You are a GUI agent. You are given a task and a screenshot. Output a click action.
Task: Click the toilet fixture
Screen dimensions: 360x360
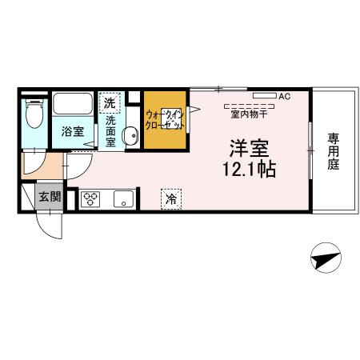coord(33,115)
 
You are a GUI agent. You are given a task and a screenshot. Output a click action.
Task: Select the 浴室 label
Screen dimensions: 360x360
coord(73,132)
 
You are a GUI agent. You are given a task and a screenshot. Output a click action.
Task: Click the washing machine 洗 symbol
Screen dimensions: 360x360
coord(109,103)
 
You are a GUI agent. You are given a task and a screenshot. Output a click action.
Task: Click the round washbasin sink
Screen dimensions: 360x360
coord(130,134)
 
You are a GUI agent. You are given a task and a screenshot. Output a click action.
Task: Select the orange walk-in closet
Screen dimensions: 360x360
coord(166,120)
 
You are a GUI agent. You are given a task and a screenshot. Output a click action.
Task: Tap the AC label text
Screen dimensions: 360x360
coord(284,96)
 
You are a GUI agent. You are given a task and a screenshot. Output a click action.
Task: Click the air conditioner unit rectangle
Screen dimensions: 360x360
coord(265,96)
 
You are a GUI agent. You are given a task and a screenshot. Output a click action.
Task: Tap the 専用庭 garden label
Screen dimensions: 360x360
coord(333,152)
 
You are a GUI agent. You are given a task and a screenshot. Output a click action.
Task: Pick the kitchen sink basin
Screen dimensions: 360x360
coord(123,198)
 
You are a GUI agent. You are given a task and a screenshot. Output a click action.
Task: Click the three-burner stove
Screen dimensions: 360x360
coord(89,198)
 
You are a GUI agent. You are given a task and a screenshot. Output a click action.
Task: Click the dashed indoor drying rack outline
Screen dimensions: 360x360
coord(249,105)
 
